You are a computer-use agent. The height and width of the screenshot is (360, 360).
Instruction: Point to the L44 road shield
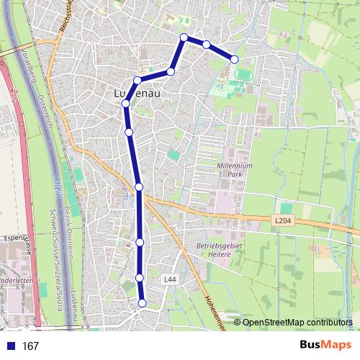170,279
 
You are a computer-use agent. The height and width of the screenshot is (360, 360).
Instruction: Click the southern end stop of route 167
142,303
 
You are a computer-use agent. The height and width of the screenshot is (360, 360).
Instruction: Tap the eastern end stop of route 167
234,59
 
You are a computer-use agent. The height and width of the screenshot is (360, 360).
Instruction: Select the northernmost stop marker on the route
184,37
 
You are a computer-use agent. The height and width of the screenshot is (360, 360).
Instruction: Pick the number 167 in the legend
30,346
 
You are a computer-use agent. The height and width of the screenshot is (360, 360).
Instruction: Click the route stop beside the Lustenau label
126,104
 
